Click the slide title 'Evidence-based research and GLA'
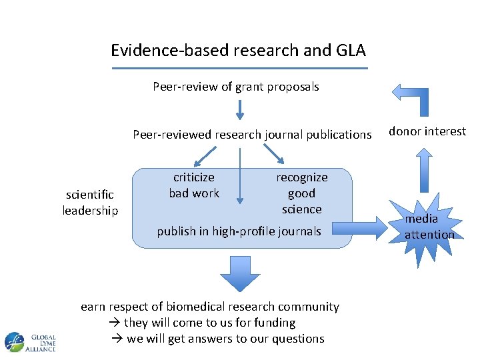click(238, 51)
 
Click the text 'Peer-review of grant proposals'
click(236, 87)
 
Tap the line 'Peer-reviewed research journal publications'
click(252, 135)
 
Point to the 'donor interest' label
click(427, 131)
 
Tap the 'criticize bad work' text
click(194, 185)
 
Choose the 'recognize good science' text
click(301, 193)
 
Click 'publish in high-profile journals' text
click(239, 231)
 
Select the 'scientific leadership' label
click(90, 203)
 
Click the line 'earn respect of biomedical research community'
click(209, 307)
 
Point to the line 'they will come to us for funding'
click(202, 323)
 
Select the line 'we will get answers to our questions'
click(217, 339)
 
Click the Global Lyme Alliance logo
click(30, 342)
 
